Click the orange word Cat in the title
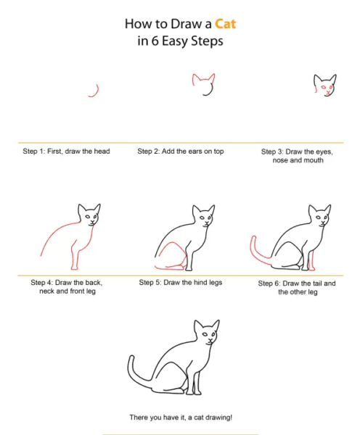[x=225, y=24]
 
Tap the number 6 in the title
[x=155, y=41]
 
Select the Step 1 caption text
[x=66, y=152]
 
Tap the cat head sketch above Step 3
[x=325, y=85]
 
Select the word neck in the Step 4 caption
[x=47, y=291]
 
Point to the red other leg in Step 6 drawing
[x=311, y=261]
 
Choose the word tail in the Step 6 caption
[x=318, y=283]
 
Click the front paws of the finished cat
[x=194, y=392]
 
